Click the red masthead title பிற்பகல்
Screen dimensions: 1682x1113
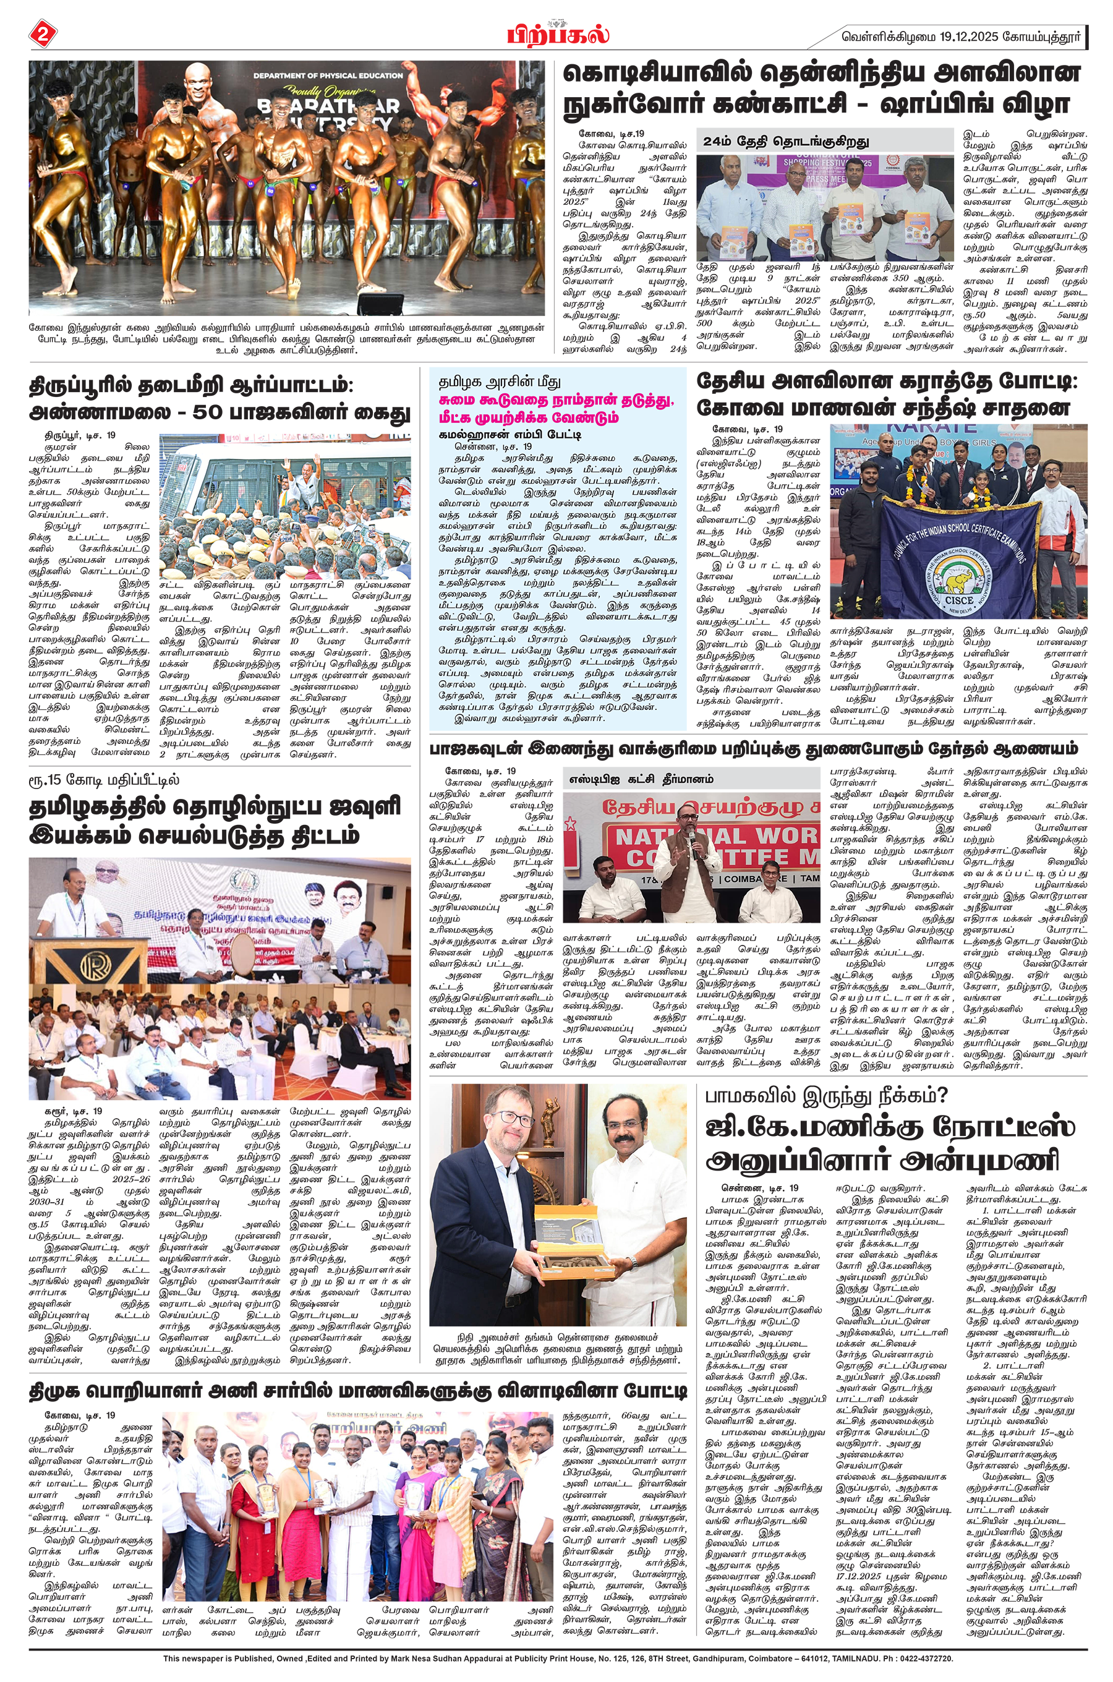[x=557, y=34]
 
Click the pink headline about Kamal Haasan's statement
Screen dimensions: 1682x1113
[x=556, y=409]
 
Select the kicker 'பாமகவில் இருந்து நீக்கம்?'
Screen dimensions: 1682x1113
[x=826, y=1096]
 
